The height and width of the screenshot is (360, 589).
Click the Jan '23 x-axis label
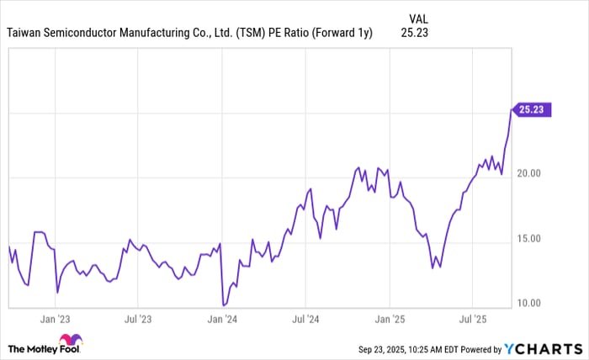[x=56, y=320]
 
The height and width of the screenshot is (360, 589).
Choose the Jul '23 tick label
[x=138, y=320]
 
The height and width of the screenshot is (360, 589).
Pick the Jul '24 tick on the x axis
[x=305, y=320]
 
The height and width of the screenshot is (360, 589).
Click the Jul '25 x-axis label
[x=473, y=320]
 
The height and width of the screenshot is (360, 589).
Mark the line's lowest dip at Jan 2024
[x=223, y=304]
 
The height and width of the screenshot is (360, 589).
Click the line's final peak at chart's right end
[x=511, y=109]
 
